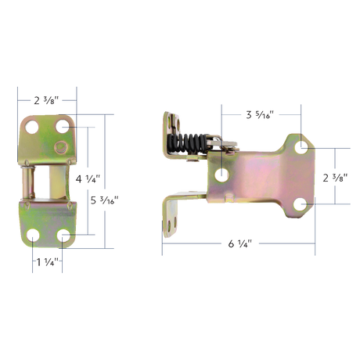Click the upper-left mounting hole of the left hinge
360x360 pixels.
(32, 125)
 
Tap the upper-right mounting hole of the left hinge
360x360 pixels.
(63, 125)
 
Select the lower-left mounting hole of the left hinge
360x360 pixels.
(32, 235)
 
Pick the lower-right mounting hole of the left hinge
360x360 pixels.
(63, 235)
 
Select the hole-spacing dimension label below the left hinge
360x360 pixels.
(47, 262)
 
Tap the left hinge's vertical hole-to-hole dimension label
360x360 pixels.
(87, 179)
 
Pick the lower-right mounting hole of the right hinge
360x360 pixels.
(301, 205)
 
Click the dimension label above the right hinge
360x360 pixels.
(258, 115)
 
